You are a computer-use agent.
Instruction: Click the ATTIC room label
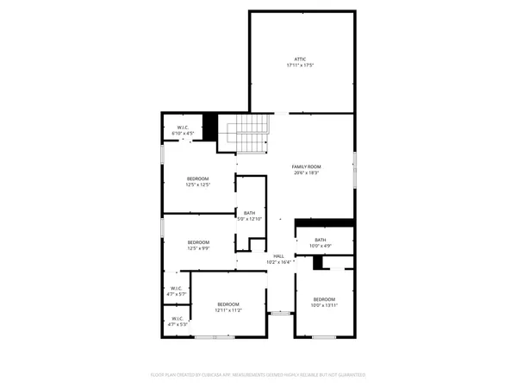coord(300,59)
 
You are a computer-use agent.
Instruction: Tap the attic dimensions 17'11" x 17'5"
coord(300,66)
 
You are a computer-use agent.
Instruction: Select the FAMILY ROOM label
coord(306,166)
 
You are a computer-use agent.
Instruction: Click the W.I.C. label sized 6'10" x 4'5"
coord(183,128)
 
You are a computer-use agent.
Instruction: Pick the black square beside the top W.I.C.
coord(209,125)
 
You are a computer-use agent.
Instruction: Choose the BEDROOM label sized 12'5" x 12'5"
coord(198,178)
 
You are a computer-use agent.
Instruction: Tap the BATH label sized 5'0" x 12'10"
coord(249,213)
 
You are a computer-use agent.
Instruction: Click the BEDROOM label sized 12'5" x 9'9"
coord(198,242)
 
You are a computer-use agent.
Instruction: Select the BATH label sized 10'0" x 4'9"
coord(321,240)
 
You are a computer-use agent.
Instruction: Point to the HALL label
coord(278,256)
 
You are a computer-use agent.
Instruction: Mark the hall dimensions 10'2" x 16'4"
coord(278,262)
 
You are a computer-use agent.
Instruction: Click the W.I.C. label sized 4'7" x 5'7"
coord(176,288)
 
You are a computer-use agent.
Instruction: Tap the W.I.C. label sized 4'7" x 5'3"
coord(176,318)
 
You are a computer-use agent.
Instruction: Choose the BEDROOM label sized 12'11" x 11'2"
coord(228,304)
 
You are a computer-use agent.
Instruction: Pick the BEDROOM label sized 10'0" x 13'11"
coord(325,299)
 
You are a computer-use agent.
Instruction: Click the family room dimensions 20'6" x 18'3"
coord(306,172)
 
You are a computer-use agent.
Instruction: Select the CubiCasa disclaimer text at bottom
coord(258,375)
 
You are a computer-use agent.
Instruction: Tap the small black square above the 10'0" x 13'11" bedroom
coord(317,262)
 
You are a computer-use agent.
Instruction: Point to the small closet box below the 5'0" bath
coord(256,244)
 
